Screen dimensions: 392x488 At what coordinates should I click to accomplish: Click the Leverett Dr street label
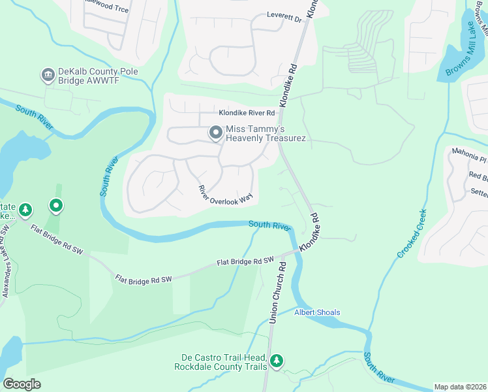point(284,19)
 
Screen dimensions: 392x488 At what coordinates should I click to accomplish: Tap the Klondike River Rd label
point(247,113)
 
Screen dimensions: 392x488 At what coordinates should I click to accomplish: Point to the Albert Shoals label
point(317,312)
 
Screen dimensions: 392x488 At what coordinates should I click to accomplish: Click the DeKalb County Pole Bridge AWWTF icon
point(47,75)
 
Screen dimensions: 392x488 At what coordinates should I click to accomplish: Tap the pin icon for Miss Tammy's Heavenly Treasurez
point(216,133)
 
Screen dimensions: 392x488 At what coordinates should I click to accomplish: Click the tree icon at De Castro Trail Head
point(277,361)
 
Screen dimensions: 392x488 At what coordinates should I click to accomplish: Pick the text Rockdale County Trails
point(221,367)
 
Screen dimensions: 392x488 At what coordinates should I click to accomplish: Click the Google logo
point(22,384)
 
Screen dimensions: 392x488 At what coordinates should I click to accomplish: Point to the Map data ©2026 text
point(460,387)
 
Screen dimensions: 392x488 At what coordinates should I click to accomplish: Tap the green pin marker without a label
point(57,206)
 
